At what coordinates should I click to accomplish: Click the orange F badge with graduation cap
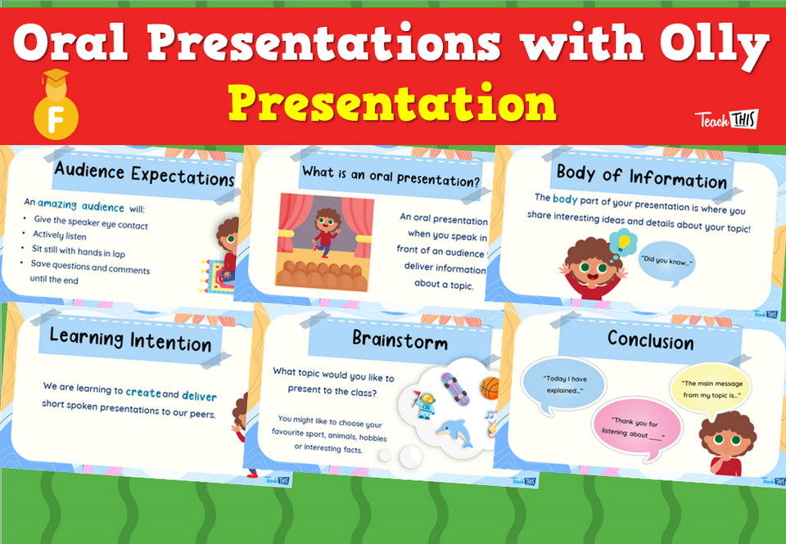(56, 114)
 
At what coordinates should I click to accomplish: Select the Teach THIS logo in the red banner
(726, 119)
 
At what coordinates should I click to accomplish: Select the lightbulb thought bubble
(626, 242)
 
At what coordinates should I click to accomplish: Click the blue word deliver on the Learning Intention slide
(199, 396)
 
